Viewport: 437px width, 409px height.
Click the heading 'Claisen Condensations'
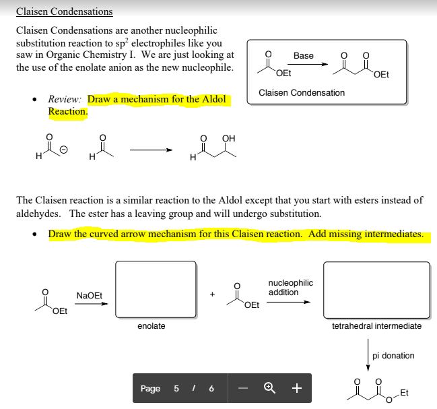click(65, 11)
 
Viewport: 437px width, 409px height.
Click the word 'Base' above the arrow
click(304, 55)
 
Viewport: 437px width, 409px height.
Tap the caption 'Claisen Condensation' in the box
click(302, 92)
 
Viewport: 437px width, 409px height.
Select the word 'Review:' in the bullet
click(65, 99)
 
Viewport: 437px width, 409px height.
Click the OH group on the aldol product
click(228, 139)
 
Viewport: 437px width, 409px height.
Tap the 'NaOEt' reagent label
click(90, 295)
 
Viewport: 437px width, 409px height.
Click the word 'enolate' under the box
click(152, 326)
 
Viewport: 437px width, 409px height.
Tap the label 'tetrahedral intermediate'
click(377, 326)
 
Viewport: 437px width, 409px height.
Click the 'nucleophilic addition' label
click(290, 288)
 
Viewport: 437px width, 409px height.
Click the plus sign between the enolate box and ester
click(212, 294)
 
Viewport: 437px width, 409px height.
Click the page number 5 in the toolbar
click(176, 388)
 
